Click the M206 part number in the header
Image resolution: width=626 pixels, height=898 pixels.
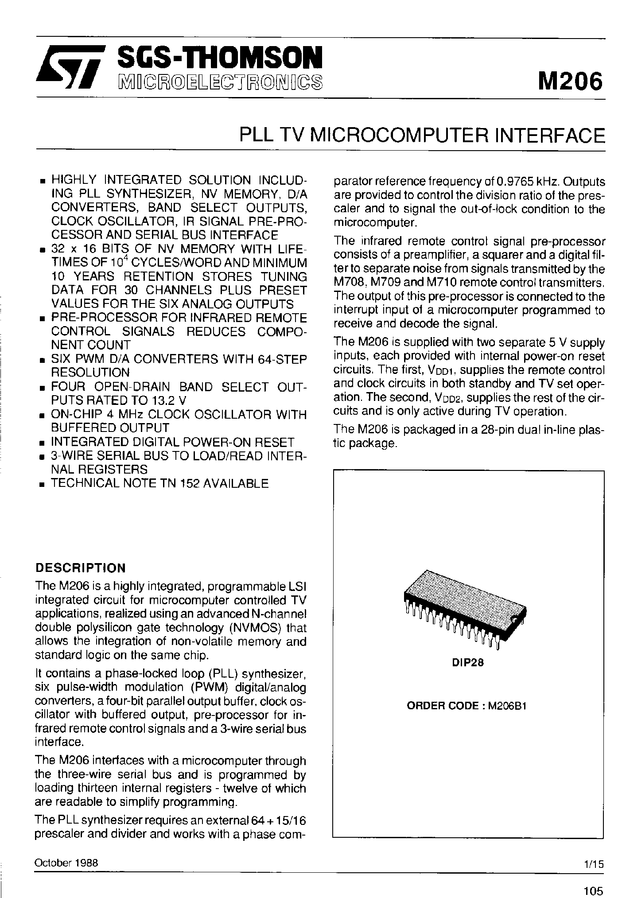click(570, 81)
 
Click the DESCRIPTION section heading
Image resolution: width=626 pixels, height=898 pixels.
click(80, 568)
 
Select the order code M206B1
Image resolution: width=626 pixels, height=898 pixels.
click(507, 706)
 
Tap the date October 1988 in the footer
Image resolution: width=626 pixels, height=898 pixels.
click(66, 863)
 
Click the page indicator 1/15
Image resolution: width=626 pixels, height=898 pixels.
click(594, 864)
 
